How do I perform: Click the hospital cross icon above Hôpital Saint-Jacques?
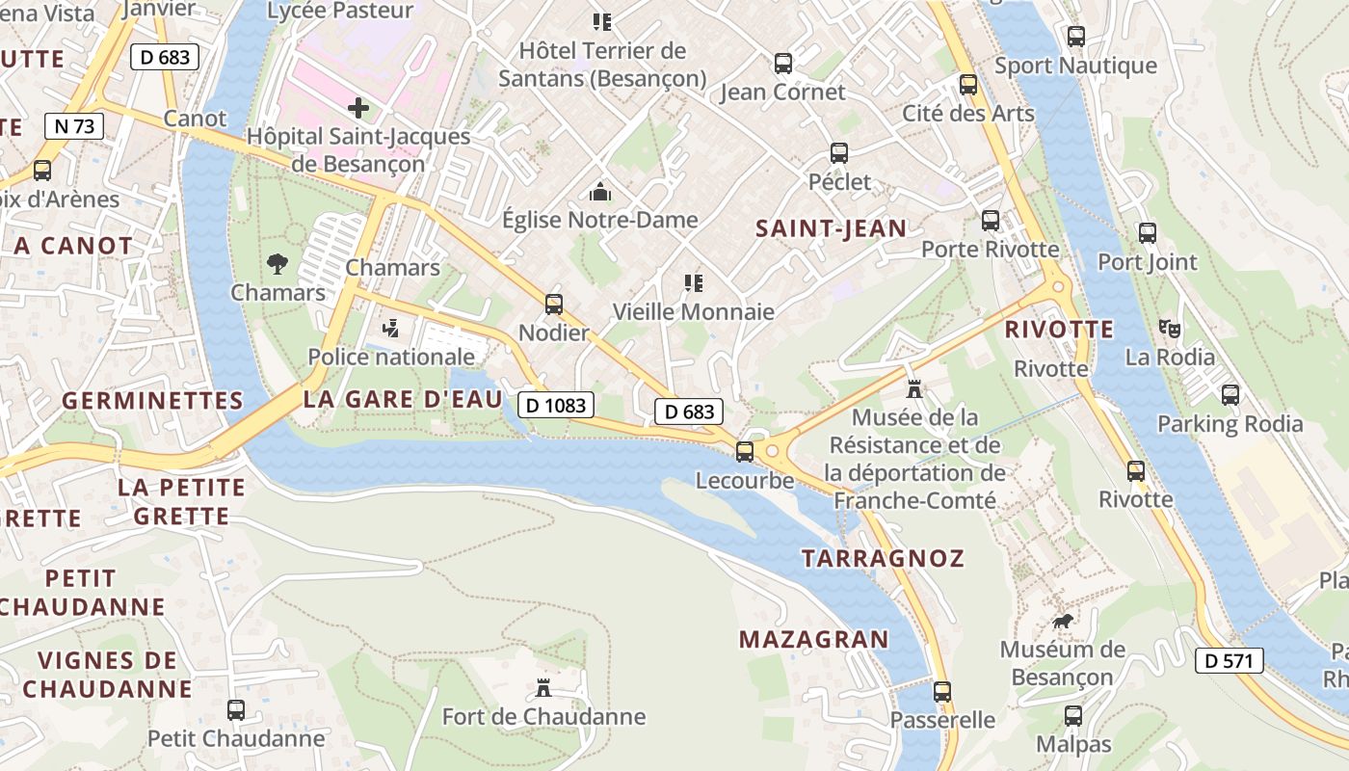[358, 107]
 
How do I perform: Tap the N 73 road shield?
[73, 125]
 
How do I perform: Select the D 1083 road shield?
[557, 405]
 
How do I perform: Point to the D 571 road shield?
[1229, 660]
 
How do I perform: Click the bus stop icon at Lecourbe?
[744, 451]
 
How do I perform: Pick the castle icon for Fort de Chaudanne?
[543, 687]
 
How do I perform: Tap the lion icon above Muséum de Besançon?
[1062, 622]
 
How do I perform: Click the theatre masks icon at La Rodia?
[1170, 328]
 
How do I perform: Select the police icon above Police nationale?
[390, 328]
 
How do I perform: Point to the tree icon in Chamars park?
[278, 263]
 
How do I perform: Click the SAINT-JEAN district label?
[831, 228]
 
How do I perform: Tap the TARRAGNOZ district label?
[883, 558]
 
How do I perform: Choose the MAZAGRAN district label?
[814, 639]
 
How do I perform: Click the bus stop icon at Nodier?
[553, 305]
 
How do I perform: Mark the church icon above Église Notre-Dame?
[600, 192]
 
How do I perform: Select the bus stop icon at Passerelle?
[941, 691]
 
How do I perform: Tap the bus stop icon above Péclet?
[839, 153]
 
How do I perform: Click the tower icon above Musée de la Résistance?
[914, 389]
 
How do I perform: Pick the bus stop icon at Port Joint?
[1147, 233]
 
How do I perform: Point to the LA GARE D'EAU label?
[403, 399]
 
